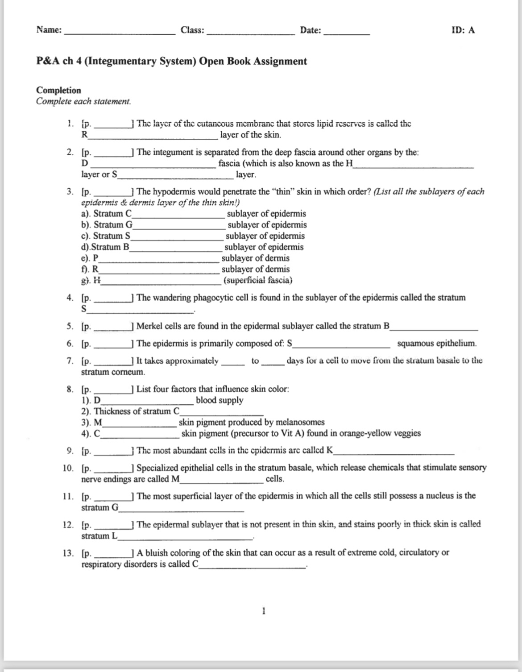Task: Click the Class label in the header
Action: [x=192, y=30]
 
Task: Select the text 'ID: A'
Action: [x=463, y=30]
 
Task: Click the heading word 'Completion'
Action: [x=58, y=90]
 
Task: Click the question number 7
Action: [x=70, y=361]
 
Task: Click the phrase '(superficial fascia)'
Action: [x=258, y=280]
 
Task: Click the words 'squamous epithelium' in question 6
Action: [x=436, y=344]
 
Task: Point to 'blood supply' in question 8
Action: [x=220, y=400]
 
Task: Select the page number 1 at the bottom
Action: [x=264, y=610]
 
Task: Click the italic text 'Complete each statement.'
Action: [x=83, y=101]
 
